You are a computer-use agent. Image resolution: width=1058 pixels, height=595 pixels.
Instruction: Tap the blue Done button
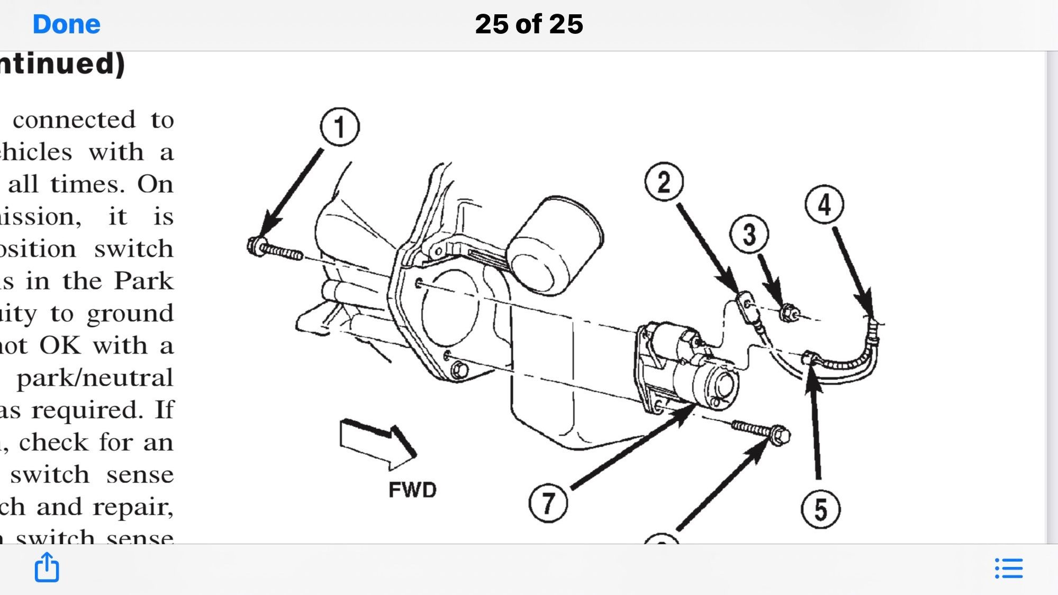click(66, 24)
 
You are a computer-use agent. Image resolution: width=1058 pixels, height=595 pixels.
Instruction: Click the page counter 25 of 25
click(529, 24)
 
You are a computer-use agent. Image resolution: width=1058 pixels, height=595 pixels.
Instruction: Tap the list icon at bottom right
click(1009, 568)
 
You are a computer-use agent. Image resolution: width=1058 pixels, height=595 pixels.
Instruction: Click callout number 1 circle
click(340, 127)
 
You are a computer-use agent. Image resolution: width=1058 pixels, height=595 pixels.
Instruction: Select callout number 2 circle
click(664, 182)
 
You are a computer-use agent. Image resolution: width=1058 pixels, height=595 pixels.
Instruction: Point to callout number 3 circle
click(749, 234)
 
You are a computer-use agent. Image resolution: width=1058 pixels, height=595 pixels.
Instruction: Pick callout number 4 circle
click(824, 205)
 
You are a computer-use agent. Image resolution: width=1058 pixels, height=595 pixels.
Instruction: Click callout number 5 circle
click(820, 509)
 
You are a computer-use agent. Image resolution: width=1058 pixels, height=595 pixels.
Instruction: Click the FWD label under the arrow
click(412, 490)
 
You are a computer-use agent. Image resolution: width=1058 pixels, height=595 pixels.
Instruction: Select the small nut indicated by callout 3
click(789, 313)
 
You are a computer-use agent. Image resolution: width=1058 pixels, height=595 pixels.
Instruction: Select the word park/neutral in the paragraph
click(95, 378)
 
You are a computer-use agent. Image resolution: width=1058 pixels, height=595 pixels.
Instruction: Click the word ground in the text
click(130, 313)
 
